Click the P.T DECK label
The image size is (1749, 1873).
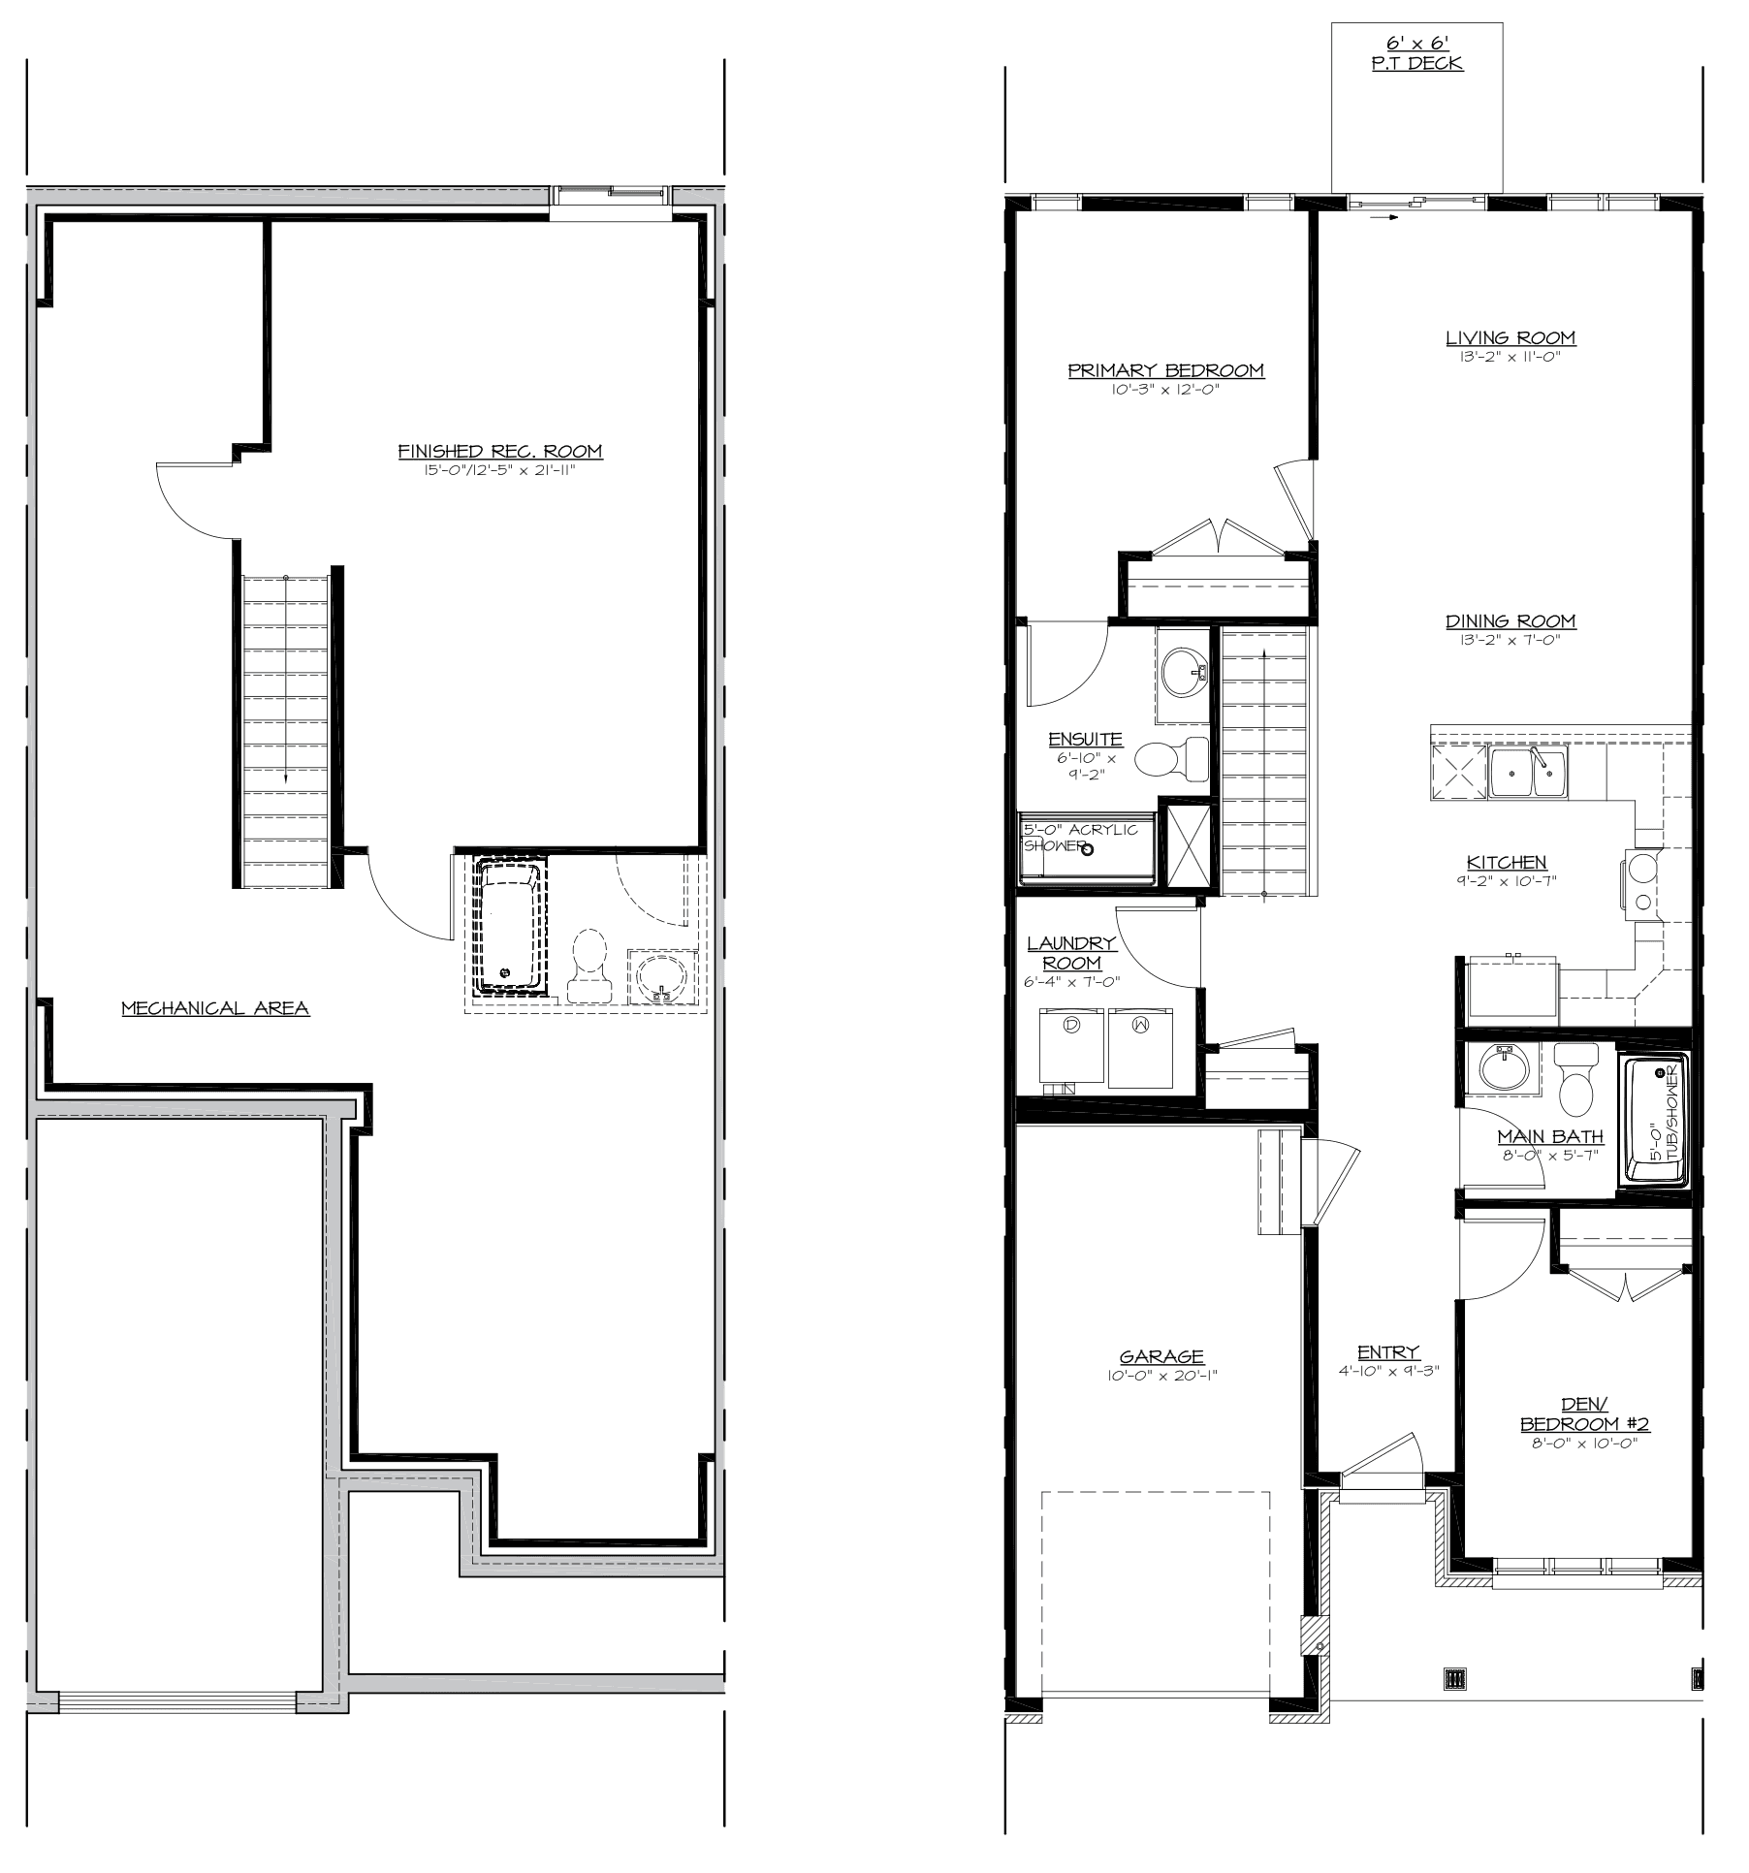click(1416, 65)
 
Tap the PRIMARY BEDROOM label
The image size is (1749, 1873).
click(1166, 370)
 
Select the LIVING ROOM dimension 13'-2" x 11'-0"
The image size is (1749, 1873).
click(1510, 356)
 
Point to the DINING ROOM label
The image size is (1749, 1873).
click(1510, 621)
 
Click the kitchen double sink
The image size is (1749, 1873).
click(1528, 772)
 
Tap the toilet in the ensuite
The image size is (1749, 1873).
click(1172, 757)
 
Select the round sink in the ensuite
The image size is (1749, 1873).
click(1184, 672)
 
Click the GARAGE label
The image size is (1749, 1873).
click(1161, 1357)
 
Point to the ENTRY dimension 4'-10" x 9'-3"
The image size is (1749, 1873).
click(1387, 1371)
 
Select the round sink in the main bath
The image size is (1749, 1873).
click(1504, 1070)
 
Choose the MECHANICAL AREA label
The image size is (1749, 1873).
click(215, 1008)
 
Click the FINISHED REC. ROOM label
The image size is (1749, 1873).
click(500, 452)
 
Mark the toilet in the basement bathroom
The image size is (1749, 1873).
click(589, 966)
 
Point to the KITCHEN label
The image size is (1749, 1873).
click(1507, 863)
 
